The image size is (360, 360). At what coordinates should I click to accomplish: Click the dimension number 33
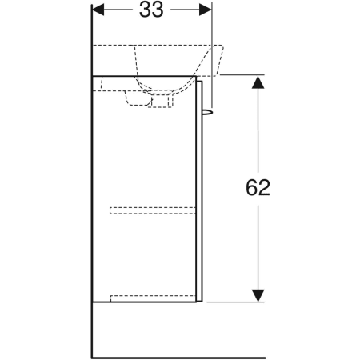tap(151, 10)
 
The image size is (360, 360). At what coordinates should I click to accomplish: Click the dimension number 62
tap(258, 187)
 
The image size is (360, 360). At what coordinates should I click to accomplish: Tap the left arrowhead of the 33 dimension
tap(98, 10)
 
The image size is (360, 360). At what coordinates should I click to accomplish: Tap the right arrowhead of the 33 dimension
tap(206, 10)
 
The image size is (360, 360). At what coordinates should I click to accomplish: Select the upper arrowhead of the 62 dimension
tap(258, 82)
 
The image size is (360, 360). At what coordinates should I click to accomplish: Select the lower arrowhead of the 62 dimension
tap(258, 295)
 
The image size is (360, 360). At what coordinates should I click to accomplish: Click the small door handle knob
tap(208, 112)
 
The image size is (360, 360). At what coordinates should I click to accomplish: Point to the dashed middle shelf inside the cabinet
tap(152, 210)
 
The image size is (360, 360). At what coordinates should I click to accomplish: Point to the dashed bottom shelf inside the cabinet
tap(153, 298)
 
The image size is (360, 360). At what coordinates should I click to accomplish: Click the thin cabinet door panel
tap(199, 191)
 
